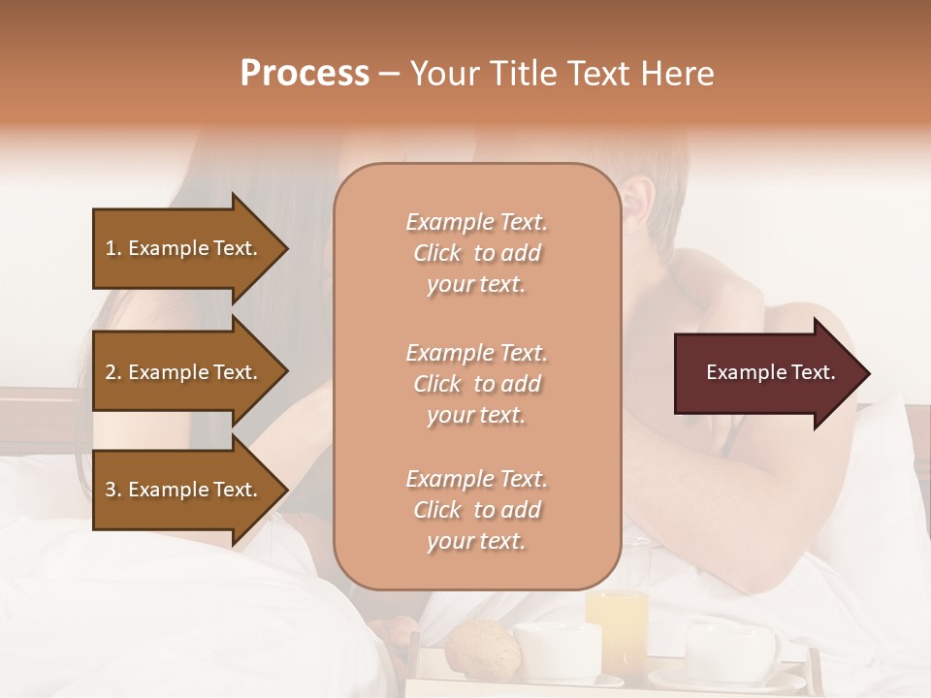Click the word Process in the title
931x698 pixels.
(x=305, y=74)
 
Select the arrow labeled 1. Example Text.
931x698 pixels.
(x=184, y=248)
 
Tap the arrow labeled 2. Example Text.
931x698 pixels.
(x=184, y=372)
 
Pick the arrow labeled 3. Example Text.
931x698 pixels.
(x=184, y=490)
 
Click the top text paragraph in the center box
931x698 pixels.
(x=476, y=253)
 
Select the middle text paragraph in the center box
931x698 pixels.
(x=476, y=384)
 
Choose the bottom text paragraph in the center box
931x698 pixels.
(x=476, y=510)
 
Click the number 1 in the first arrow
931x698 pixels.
(x=112, y=248)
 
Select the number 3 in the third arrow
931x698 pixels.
(x=112, y=490)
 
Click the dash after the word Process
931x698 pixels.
(x=390, y=74)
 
